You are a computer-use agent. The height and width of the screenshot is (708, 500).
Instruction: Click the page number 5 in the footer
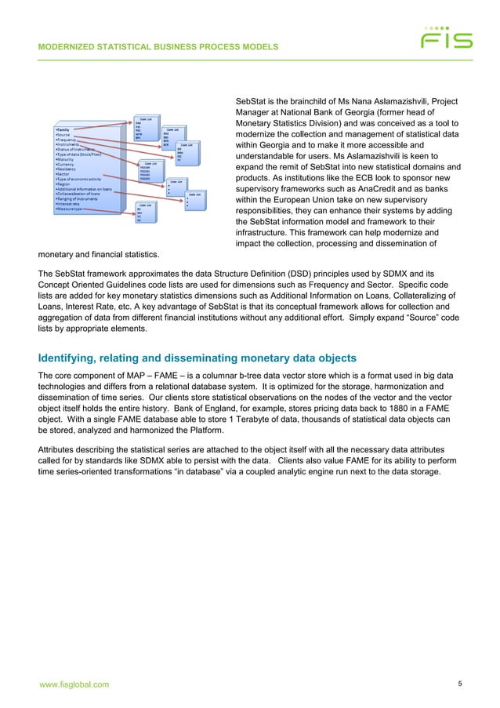(x=460, y=684)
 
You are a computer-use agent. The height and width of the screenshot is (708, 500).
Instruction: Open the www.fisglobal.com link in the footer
(x=74, y=685)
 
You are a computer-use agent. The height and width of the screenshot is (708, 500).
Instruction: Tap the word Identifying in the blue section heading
(x=68, y=358)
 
